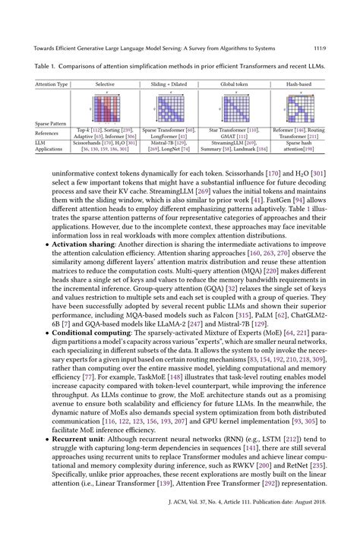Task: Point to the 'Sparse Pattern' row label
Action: [x=52, y=122]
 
